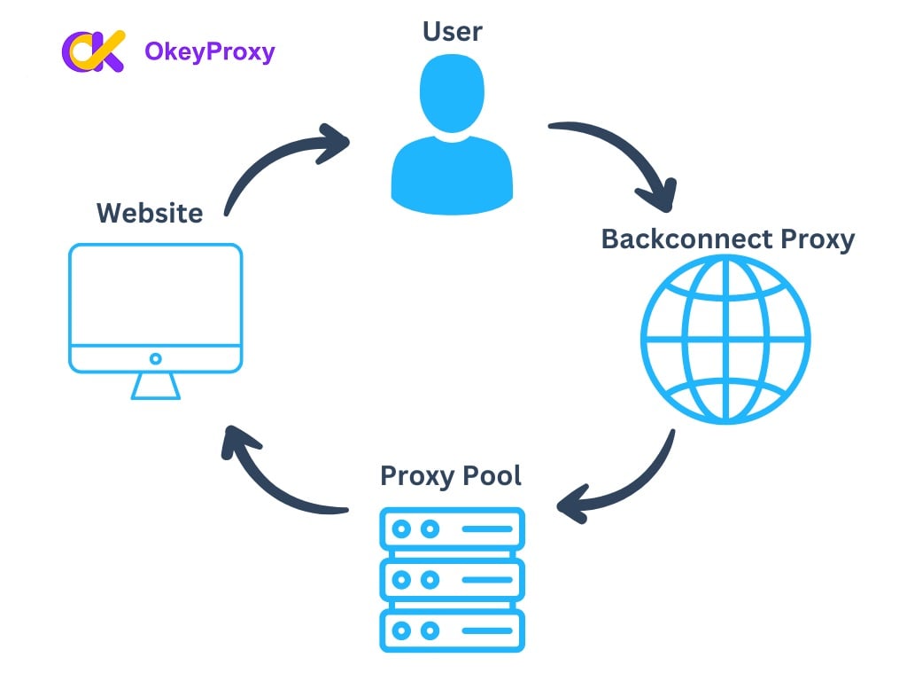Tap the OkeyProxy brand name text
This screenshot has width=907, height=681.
click(209, 52)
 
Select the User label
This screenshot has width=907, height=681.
click(452, 31)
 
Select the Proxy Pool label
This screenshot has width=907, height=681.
click(451, 475)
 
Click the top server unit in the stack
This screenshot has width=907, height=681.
click(452, 529)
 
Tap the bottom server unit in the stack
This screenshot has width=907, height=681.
click(452, 630)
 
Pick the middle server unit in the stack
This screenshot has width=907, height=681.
click(452, 580)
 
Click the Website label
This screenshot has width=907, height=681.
click(150, 213)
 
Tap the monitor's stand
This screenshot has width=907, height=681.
click(156, 387)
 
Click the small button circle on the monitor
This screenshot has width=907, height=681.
click(156, 359)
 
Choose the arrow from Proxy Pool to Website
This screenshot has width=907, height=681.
click(275, 479)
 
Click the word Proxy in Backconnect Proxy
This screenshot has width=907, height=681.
click(817, 239)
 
